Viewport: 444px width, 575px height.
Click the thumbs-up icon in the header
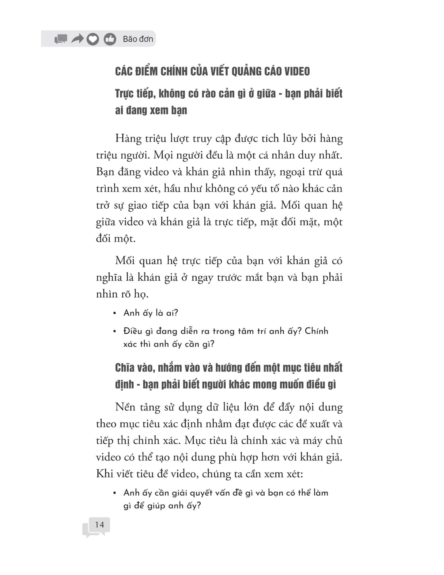(x=110, y=39)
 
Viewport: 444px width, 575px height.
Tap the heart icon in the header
(x=93, y=39)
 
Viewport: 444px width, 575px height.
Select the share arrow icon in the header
(x=77, y=39)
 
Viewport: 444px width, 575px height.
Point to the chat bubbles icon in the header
(x=61, y=39)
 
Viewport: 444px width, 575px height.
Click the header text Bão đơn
(x=138, y=39)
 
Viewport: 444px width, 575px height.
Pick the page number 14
(x=99, y=524)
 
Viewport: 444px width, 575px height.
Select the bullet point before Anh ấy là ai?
(x=115, y=313)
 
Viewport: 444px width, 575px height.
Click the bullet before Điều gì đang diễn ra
(x=115, y=332)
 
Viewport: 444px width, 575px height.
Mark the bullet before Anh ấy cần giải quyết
(x=115, y=493)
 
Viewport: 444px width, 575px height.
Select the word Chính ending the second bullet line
(x=316, y=331)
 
